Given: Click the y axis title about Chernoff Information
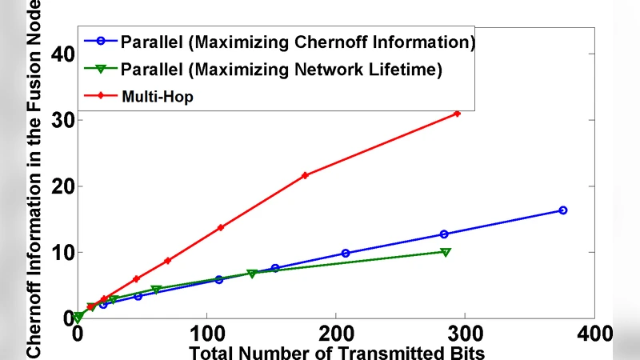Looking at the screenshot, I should click(x=34, y=180).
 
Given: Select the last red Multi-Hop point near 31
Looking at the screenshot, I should click(x=457, y=114).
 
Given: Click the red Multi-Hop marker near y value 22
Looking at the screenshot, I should click(x=305, y=175).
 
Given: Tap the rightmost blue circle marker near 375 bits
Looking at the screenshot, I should click(x=562, y=210).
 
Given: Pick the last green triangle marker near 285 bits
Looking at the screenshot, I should click(x=446, y=252).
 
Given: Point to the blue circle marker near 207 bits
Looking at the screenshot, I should click(x=346, y=253).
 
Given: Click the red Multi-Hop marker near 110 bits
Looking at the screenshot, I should click(x=220, y=227).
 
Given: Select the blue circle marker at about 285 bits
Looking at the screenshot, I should click(x=444, y=234).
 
